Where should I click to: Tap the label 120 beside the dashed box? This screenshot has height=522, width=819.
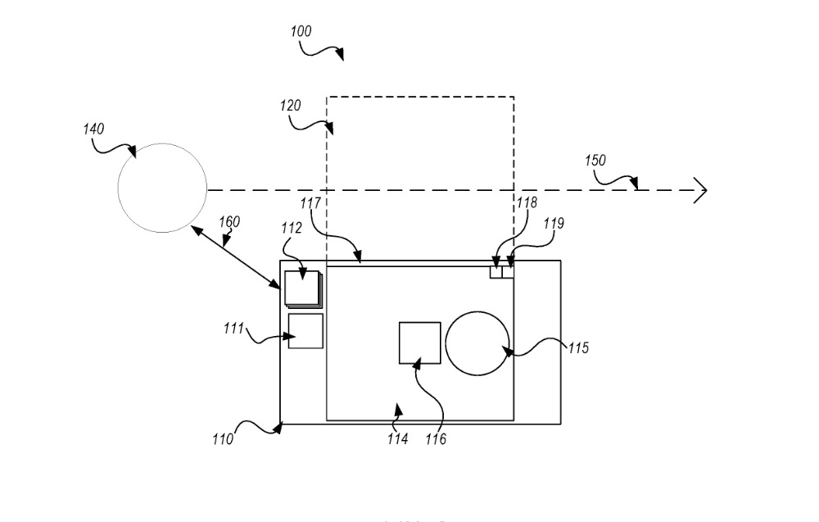tap(290, 105)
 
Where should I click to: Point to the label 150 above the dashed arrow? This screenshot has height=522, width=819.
tap(595, 160)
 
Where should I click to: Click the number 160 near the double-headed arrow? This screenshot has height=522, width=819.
tap(230, 221)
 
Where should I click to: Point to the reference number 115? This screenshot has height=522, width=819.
tap(578, 348)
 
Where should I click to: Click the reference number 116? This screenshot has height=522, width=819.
tap(436, 440)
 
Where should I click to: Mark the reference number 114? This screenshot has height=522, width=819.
tap(398, 439)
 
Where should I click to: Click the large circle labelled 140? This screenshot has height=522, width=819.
tap(162, 185)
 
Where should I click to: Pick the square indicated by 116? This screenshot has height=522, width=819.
tap(419, 343)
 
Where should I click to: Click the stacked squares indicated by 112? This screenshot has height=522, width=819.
tap(302, 288)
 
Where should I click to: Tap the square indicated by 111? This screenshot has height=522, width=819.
tap(305, 331)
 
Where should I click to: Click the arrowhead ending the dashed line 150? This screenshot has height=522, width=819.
tap(701, 190)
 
